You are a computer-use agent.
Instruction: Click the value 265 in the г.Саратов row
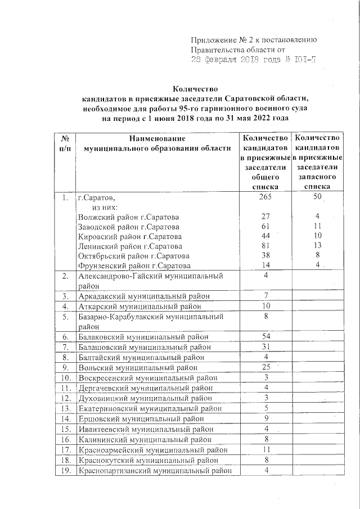[x=266, y=198]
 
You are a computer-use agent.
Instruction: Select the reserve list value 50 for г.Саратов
[x=318, y=198]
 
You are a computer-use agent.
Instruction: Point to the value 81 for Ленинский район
[x=266, y=246]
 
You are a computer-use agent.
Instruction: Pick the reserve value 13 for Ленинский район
[x=318, y=246]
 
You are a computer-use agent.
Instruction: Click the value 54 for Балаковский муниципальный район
[x=266, y=337]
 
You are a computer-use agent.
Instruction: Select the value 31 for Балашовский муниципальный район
[x=266, y=347]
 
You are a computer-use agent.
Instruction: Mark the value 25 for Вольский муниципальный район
[x=266, y=368]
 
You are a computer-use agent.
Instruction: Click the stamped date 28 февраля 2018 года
[x=237, y=59]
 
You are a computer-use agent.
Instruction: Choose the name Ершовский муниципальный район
[x=144, y=419]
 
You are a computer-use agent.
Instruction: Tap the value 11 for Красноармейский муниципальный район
[x=266, y=450]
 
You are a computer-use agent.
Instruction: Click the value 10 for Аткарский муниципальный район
[x=266, y=307]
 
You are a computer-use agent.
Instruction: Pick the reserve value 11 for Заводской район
[x=318, y=227]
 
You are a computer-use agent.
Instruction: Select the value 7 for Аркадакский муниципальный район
[x=266, y=296]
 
